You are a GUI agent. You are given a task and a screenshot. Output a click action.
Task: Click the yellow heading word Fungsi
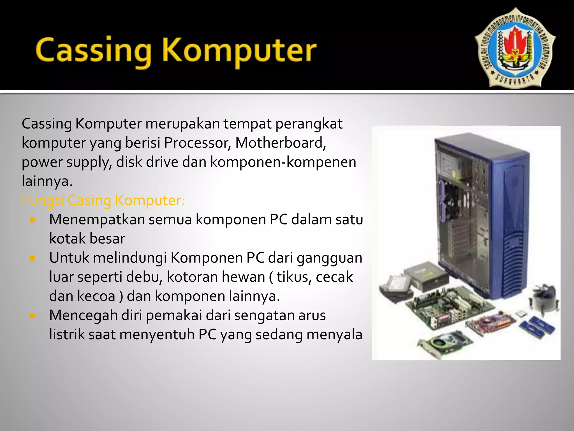(x=43, y=201)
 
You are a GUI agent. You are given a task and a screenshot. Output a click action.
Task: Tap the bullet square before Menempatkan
(x=33, y=219)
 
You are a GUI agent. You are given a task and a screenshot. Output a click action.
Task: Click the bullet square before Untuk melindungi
(x=33, y=258)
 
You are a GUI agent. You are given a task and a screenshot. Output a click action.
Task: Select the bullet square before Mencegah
(x=33, y=315)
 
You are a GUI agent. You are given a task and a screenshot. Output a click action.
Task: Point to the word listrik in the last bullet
(x=67, y=334)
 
